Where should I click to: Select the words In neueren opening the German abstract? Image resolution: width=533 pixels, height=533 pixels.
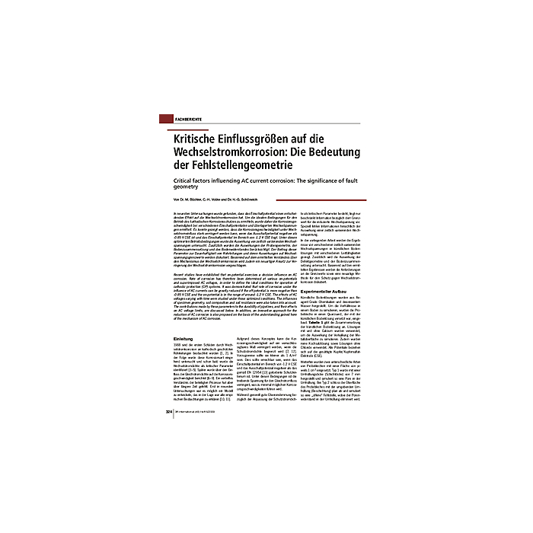coord(187,212)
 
